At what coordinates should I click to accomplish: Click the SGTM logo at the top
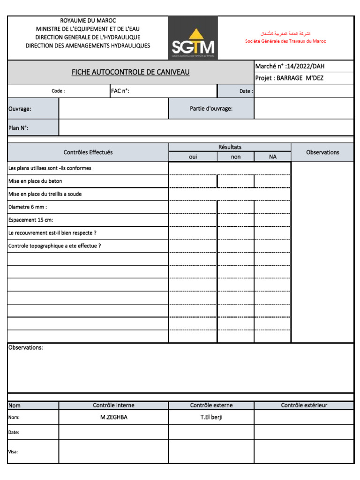click(x=193, y=38)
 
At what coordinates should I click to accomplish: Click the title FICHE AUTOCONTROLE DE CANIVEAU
click(x=130, y=72)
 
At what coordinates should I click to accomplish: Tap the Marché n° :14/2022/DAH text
click(x=290, y=66)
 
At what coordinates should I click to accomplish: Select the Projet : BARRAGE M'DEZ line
click(x=289, y=78)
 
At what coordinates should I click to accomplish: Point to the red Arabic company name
click(x=285, y=34)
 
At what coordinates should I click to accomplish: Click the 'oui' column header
click(x=193, y=157)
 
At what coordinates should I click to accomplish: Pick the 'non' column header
click(x=235, y=157)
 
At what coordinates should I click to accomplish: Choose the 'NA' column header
click(x=272, y=157)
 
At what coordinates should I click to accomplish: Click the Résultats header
click(x=230, y=147)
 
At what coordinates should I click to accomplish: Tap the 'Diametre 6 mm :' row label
click(x=28, y=207)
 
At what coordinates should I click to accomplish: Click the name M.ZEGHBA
click(x=113, y=417)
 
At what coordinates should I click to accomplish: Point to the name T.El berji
click(x=211, y=417)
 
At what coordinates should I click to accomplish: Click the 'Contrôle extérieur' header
click(x=304, y=405)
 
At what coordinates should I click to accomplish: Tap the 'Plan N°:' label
click(x=19, y=127)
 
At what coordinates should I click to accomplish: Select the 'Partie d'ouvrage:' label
click(x=211, y=108)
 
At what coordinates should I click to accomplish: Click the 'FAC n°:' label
click(x=120, y=91)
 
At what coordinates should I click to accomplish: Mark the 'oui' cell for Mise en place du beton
click(x=193, y=181)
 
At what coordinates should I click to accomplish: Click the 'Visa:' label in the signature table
click(x=14, y=452)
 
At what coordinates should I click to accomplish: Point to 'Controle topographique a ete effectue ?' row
click(x=54, y=246)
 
